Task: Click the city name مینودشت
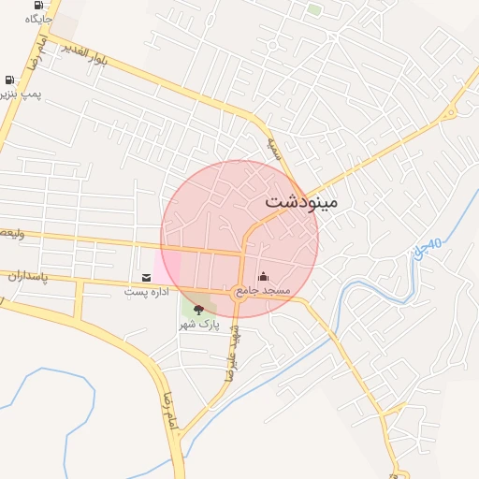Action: pyautogui.click(x=300, y=201)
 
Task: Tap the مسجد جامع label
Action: pyautogui.click(x=263, y=291)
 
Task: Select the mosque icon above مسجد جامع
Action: pyautogui.click(x=263, y=277)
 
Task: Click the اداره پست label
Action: pyautogui.click(x=147, y=292)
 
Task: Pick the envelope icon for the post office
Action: pyautogui.click(x=147, y=278)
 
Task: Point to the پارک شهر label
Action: pyautogui.click(x=197, y=325)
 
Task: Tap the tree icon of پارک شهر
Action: pyautogui.click(x=197, y=310)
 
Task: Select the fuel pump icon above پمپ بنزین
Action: pyautogui.click(x=9, y=80)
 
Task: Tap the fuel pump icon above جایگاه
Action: pyautogui.click(x=37, y=5)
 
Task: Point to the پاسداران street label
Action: pyautogui.click(x=27, y=277)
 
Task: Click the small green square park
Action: pyautogui.click(x=314, y=10)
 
